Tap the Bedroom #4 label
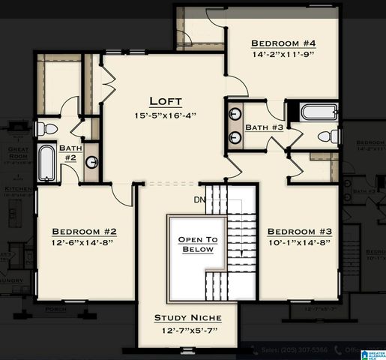point(283,43)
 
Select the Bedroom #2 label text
point(83,231)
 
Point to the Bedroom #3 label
point(300,231)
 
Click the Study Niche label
point(187,318)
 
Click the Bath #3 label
point(264,127)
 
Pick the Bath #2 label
point(70,153)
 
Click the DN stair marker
point(199,199)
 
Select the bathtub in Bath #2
point(46,162)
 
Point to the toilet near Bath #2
point(44,128)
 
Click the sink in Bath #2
point(91,162)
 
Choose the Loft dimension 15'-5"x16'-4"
point(166,115)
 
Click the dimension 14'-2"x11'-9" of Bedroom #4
point(283,54)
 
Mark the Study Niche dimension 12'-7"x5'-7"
point(187,331)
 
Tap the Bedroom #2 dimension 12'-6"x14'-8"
point(83,244)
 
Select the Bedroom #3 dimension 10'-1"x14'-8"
point(300,244)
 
